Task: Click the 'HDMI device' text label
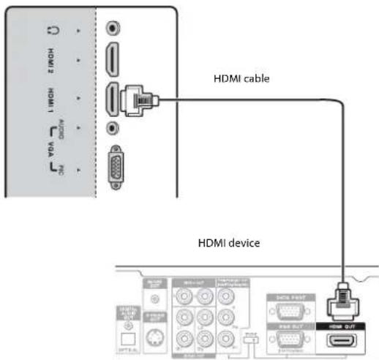[230, 242]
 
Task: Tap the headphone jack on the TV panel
[110, 28]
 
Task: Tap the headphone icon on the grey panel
[52, 30]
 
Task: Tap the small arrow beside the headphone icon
[78, 29]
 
